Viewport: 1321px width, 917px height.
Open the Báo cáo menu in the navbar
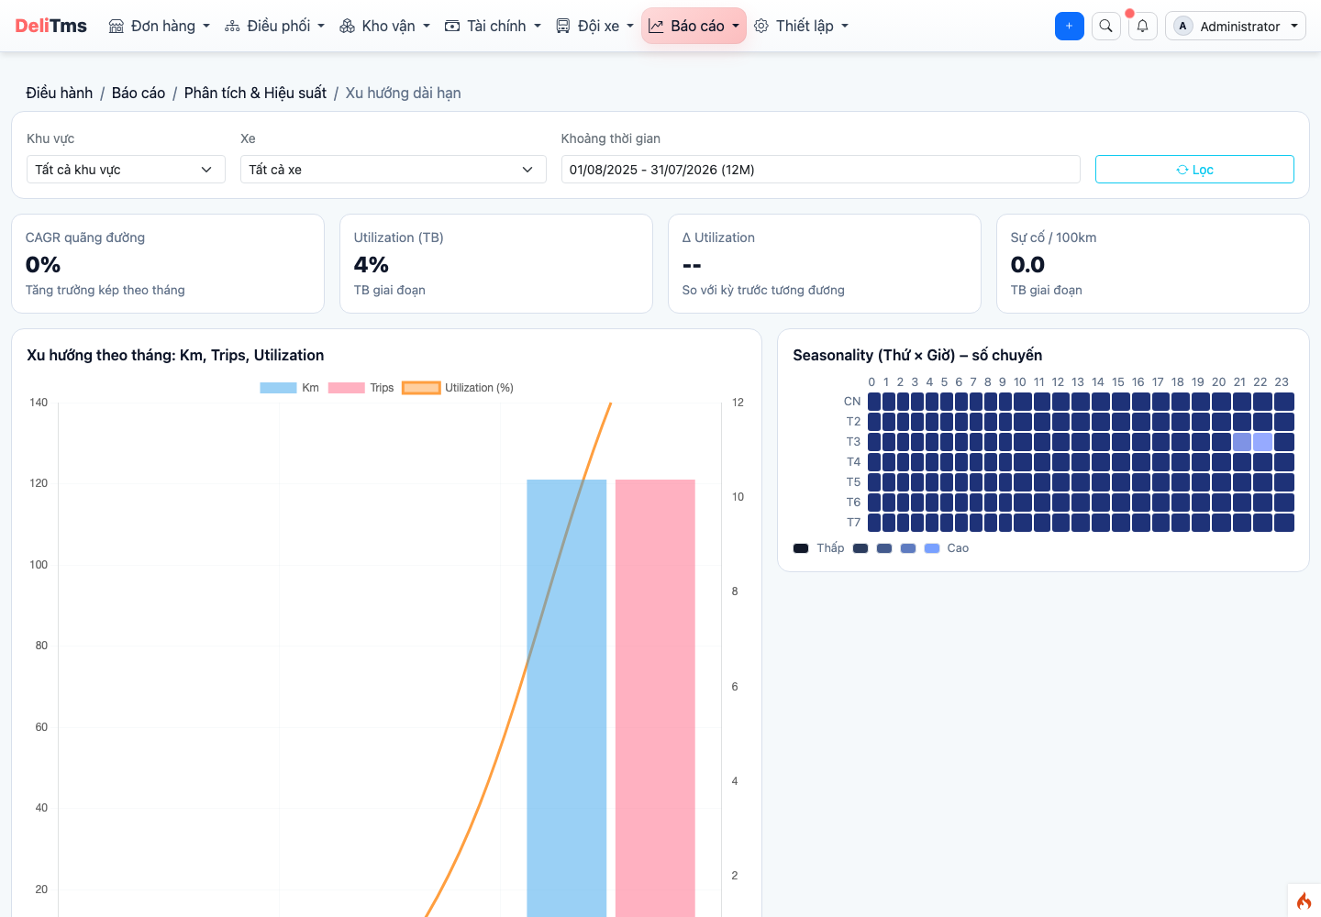694,26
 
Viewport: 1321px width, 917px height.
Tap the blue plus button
1069,26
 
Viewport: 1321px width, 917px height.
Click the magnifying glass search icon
1105,26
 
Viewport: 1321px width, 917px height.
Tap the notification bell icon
1142,26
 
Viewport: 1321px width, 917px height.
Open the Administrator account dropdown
1236,26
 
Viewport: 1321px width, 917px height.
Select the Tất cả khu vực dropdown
126,170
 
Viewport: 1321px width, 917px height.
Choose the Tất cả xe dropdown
393,170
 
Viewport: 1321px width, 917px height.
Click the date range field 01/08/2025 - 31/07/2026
820,170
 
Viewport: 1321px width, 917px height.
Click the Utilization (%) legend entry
458,388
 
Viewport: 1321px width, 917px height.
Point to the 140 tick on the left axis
39,403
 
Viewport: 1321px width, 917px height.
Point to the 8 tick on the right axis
735,591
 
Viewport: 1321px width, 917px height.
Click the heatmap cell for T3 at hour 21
1241,442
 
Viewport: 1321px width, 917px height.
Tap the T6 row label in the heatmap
853,503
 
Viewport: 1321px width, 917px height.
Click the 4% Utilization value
371,265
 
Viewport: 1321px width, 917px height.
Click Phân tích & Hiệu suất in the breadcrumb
255,94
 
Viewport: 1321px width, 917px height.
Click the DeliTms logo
50,26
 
